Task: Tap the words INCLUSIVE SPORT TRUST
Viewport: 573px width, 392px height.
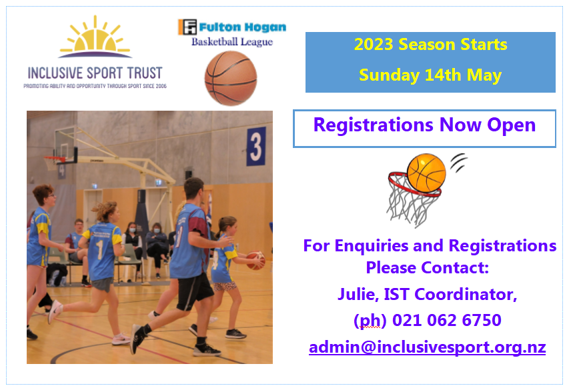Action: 95,73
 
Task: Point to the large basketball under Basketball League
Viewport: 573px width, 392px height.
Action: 231,78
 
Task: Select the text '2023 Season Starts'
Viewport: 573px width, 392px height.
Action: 430,45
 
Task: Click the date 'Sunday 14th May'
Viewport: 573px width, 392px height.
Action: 430,75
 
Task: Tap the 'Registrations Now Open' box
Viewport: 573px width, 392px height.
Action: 424,125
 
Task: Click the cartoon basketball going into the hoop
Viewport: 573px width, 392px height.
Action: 426,172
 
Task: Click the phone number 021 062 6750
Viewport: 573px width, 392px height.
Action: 447,321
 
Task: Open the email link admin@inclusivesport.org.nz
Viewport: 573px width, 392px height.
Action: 427,347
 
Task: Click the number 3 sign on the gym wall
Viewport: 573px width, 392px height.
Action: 256,146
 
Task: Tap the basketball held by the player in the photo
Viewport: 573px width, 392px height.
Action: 255,260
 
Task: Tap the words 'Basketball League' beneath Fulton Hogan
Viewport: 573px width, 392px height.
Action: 232,41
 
